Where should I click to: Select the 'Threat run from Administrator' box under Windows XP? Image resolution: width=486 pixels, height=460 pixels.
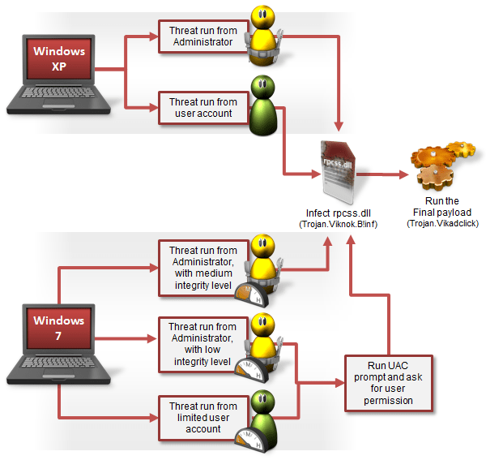pyautogui.click(x=203, y=37)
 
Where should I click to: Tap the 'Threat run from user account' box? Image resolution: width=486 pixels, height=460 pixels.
pyautogui.click(x=203, y=108)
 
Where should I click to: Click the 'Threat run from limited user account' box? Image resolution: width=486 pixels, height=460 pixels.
pyautogui.click(x=203, y=417)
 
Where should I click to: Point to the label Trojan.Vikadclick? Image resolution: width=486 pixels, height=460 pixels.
pyautogui.click(x=441, y=221)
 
